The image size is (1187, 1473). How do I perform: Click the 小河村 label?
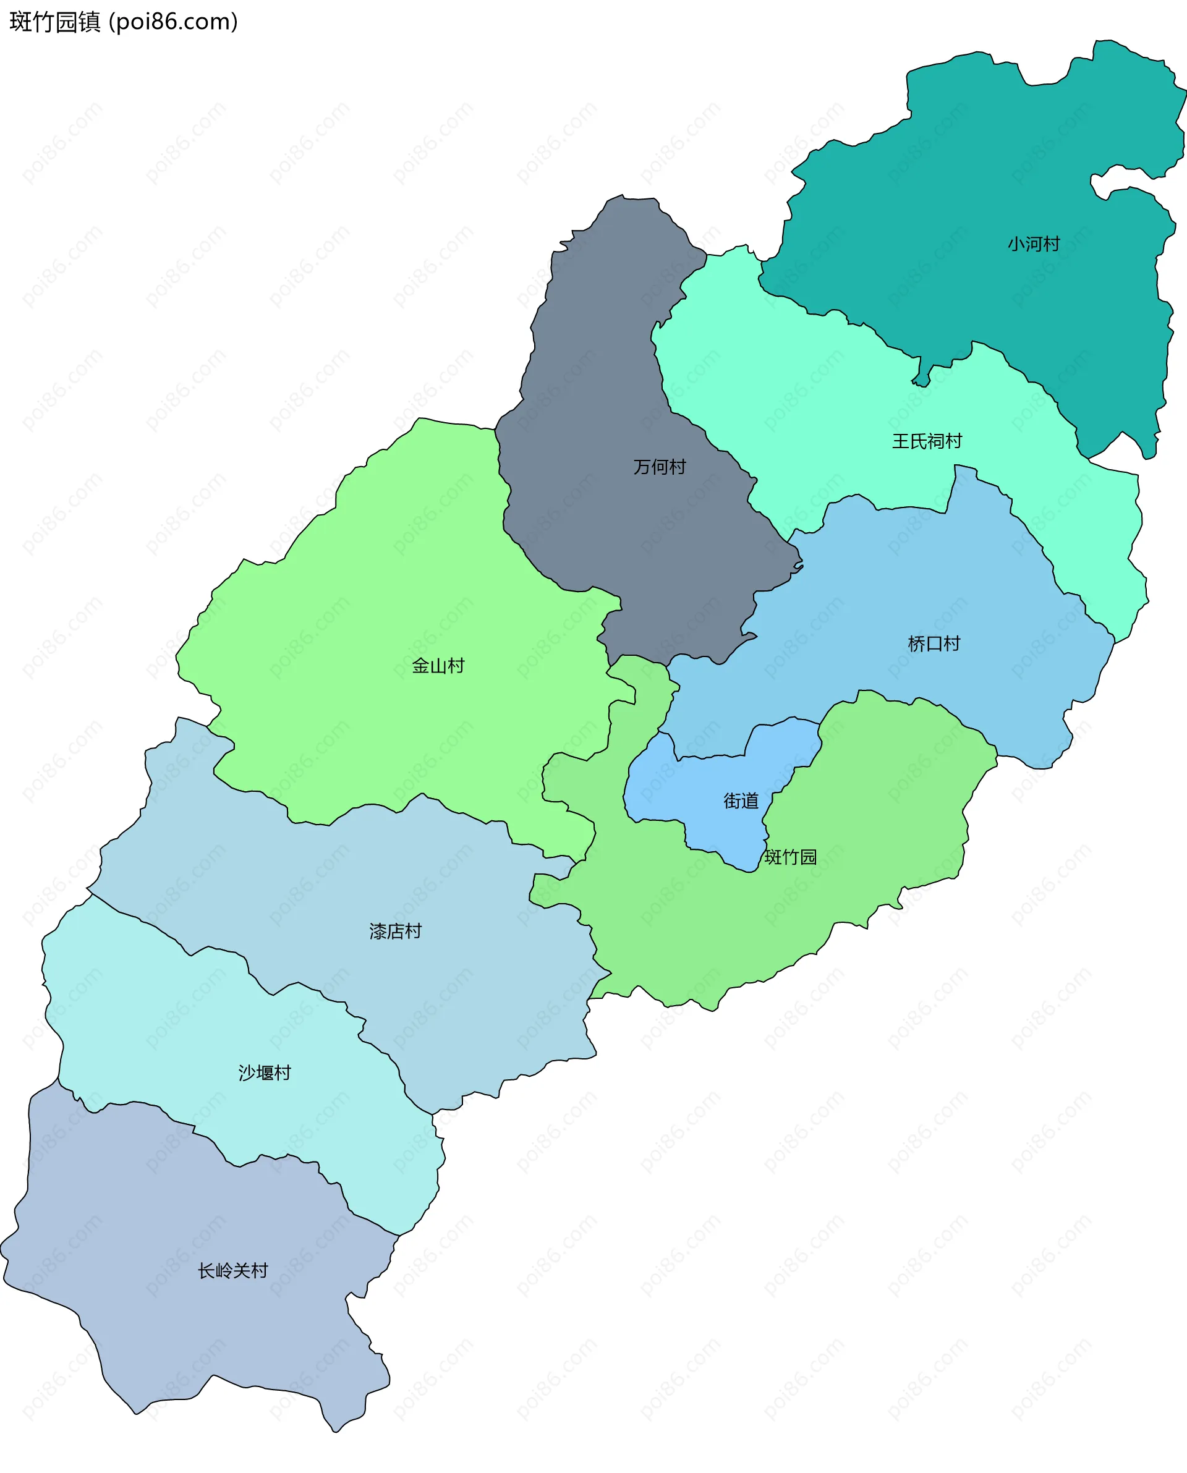[x=1033, y=244]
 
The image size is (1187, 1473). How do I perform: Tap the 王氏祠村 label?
[x=927, y=441]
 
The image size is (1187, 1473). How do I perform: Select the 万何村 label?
[x=659, y=467]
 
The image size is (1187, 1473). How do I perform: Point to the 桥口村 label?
[x=934, y=643]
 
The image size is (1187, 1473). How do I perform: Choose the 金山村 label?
[x=438, y=665]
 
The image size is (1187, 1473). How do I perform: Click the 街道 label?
[x=741, y=800]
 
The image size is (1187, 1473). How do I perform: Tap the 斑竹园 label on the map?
[x=791, y=857]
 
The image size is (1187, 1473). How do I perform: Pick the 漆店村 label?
[x=395, y=931]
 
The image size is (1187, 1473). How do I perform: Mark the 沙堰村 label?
[x=265, y=1072]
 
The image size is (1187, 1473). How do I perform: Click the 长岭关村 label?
[x=232, y=1271]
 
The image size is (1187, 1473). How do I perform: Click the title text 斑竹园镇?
[x=54, y=22]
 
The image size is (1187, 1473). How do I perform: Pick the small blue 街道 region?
[x=711, y=779]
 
